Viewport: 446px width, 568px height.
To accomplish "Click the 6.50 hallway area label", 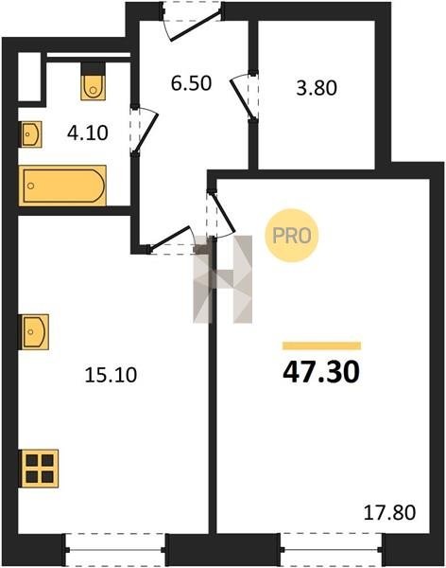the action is [191, 83].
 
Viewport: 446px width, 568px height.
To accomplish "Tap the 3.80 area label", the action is [317, 88].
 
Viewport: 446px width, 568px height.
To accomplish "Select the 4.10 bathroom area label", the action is [88, 133].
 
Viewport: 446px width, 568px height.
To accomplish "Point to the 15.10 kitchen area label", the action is [111, 374].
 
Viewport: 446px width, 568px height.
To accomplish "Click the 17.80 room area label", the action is [389, 512].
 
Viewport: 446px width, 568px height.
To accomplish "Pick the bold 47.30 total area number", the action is [321, 372].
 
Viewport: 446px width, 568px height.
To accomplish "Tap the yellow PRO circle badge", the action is [292, 236].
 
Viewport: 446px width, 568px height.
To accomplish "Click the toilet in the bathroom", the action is [94, 81].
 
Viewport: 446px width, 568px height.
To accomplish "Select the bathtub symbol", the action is [62, 186].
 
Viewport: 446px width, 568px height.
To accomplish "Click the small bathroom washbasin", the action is [30, 134].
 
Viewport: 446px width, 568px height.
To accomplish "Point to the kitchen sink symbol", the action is [34, 332].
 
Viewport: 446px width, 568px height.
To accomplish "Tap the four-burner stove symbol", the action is [39, 469].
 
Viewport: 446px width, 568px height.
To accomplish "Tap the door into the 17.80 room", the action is [221, 214].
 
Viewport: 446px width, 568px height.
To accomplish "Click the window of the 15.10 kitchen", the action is [115, 550].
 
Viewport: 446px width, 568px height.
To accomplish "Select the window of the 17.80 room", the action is [332, 549].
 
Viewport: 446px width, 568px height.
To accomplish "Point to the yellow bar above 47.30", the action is [321, 346].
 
